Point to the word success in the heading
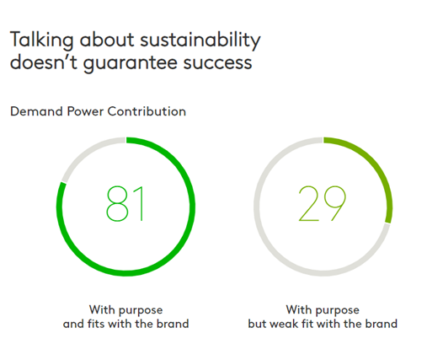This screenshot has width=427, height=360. click(x=217, y=63)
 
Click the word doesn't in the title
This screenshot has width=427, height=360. click(x=44, y=62)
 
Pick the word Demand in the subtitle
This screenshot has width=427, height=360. click(x=36, y=111)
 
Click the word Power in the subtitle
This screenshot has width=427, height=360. click(x=85, y=112)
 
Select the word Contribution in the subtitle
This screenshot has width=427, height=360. click(x=147, y=111)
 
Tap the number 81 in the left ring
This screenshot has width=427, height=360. click(x=125, y=204)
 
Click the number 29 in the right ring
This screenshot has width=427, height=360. click(x=322, y=203)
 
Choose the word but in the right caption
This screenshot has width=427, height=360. click(x=258, y=324)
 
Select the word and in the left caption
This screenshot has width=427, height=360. click(x=73, y=324)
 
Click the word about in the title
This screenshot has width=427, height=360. click(x=107, y=40)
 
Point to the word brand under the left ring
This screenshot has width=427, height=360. click(x=173, y=324)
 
